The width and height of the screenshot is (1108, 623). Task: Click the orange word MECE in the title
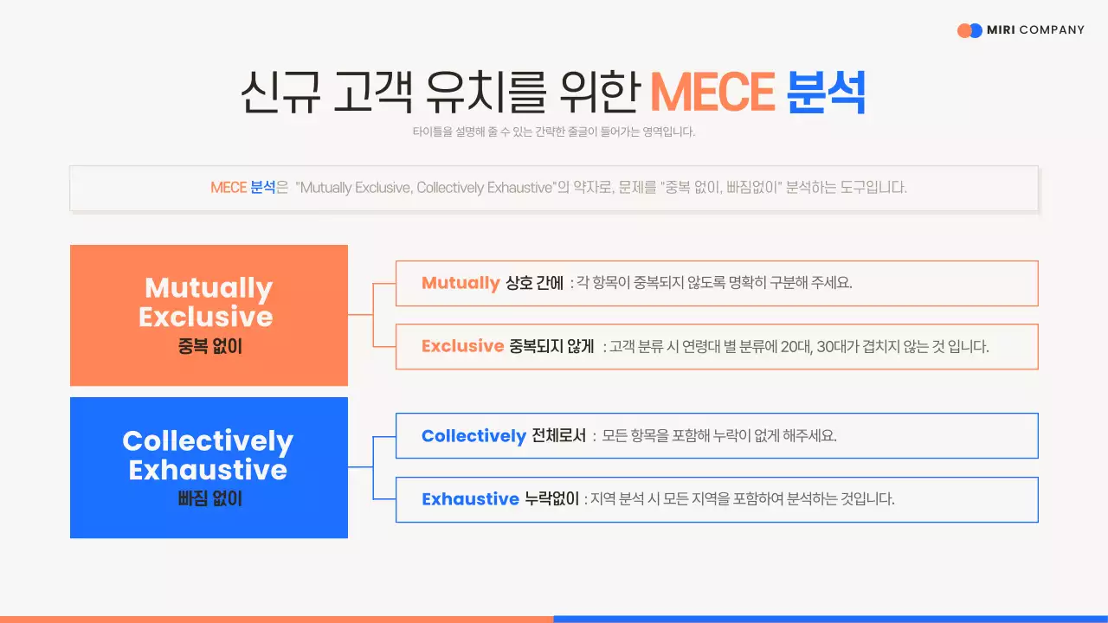(x=712, y=92)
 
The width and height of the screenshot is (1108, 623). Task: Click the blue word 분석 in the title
(x=826, y=92)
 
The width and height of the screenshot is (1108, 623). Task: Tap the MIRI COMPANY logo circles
(x=969, y=30)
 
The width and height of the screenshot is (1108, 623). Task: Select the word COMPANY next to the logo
(x=1052, y=30)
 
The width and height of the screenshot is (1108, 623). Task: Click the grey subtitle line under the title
(x=554, y=132)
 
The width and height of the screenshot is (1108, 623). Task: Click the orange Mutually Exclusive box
(x=209, y=315)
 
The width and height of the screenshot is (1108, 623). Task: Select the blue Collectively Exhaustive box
(x=209, y=467)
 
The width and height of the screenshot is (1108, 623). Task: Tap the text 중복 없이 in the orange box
(x=209, y=347)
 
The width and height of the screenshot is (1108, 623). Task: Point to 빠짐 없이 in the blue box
(x=209, y=499)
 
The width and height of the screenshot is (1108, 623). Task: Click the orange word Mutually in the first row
(x=461, y=283)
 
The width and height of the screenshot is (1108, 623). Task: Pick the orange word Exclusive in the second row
(x=462, y=346)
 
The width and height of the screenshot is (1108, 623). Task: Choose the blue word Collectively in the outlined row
(x=473, y=436)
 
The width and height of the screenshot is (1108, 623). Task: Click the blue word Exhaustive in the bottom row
(x=470, y=499)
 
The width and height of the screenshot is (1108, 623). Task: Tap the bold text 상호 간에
(x=535, y=283)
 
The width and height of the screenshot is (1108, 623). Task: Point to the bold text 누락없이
(x=551, y=499)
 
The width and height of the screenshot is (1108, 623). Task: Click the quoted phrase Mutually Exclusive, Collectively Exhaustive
(x=424, y=188)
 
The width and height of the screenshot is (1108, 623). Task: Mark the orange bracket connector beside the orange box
(x=372, y=315)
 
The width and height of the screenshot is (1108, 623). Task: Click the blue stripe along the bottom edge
(x=830, y=619)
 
